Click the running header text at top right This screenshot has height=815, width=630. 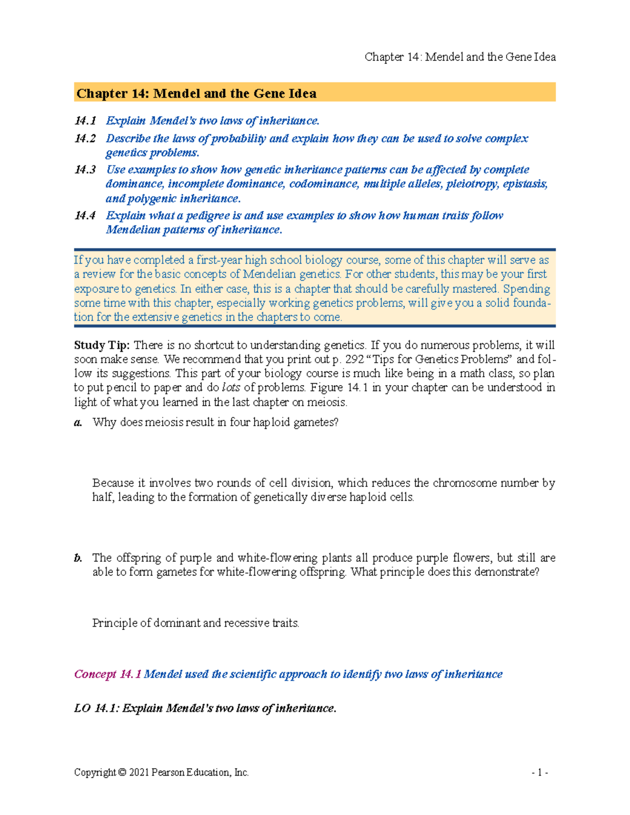[460, 57]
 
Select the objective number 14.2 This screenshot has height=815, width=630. [85, 139]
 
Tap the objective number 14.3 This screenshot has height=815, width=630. [85, 170]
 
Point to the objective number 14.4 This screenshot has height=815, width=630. [85, 216]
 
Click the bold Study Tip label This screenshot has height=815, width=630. [102, 345]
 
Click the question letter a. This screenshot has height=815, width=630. [78, 422]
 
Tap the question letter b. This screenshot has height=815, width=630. [78, 558]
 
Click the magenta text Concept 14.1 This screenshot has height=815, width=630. [108, 674]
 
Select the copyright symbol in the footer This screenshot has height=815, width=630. [122, 772]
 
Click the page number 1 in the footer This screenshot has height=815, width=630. [540, 772]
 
